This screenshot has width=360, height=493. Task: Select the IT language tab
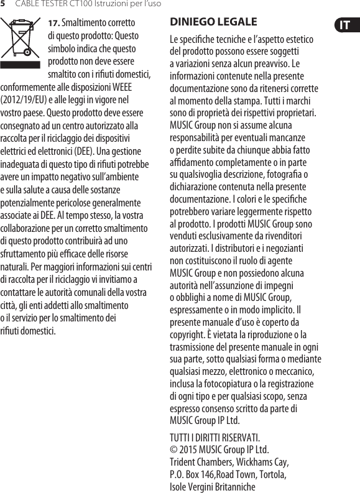coord(344,25)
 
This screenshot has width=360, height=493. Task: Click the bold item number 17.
coord(54,23)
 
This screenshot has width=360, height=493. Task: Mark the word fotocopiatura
coord(224,384)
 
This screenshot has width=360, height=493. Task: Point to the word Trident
coord(183,462)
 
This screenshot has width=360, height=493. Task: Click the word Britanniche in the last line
coord(233,486)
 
